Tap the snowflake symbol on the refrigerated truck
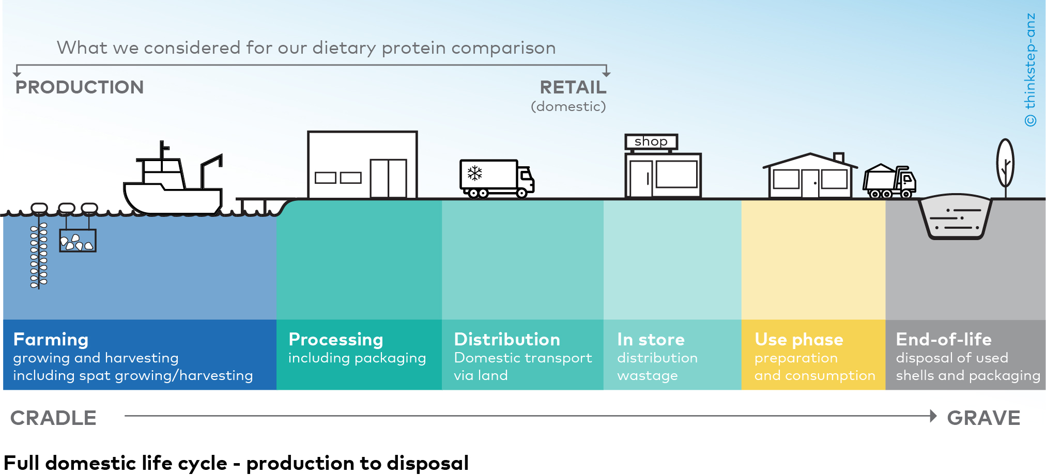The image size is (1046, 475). tap(474, 173)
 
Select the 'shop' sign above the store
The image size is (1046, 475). tap(651, 141)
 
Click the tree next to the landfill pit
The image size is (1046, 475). tap(1005, 164)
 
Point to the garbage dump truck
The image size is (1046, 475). tap(889, 182)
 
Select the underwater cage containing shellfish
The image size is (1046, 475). tap(78, 241)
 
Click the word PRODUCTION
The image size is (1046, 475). tap(80, 87)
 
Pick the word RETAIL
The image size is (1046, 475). tap(573, 87)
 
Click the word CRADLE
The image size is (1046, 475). tap(53, 418)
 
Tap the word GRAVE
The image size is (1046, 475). tap(983, 418)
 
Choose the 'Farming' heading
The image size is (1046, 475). tap(51, 339)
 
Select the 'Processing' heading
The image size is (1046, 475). tap(335, 339)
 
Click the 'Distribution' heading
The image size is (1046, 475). tap(506, 339)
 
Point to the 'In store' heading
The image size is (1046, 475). tap(650, 339)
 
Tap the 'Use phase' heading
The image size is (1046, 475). tap(798, 339)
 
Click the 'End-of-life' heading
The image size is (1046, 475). tap(943, 339)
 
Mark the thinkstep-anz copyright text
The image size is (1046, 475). tap(1030, 70)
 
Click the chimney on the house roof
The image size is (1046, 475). tap(839, 157)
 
